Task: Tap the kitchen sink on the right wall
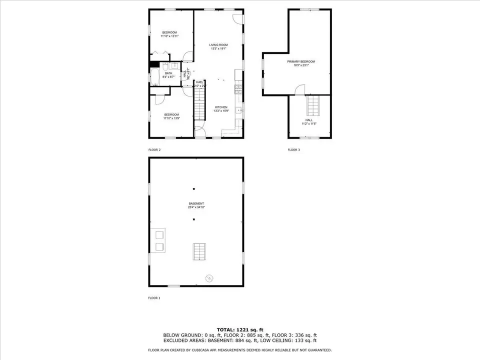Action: pos(239,110)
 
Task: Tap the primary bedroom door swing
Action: pos(300,90)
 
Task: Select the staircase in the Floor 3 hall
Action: pos(313,105)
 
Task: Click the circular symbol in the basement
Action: pos(209,277)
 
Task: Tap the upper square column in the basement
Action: pos(194,188)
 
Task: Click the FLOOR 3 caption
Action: pos(293,149)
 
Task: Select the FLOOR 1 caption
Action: pos(154,298)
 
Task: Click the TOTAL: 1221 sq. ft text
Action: pos(240,330)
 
